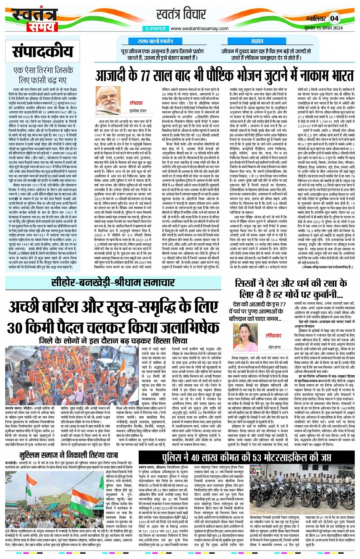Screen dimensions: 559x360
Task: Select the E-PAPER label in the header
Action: coord(155,29)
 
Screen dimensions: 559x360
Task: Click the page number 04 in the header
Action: coord(334,18)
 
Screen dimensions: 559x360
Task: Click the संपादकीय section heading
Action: coord(42,51)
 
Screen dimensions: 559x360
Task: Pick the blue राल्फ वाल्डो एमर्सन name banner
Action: coord(155,41)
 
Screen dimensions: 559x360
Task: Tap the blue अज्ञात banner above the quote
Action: coord(257,41)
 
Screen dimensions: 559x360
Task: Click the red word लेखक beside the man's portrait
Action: coord(136,103)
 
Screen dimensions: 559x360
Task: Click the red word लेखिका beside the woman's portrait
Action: coord(274,336)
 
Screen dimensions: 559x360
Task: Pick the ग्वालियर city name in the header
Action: coord(314,19)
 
